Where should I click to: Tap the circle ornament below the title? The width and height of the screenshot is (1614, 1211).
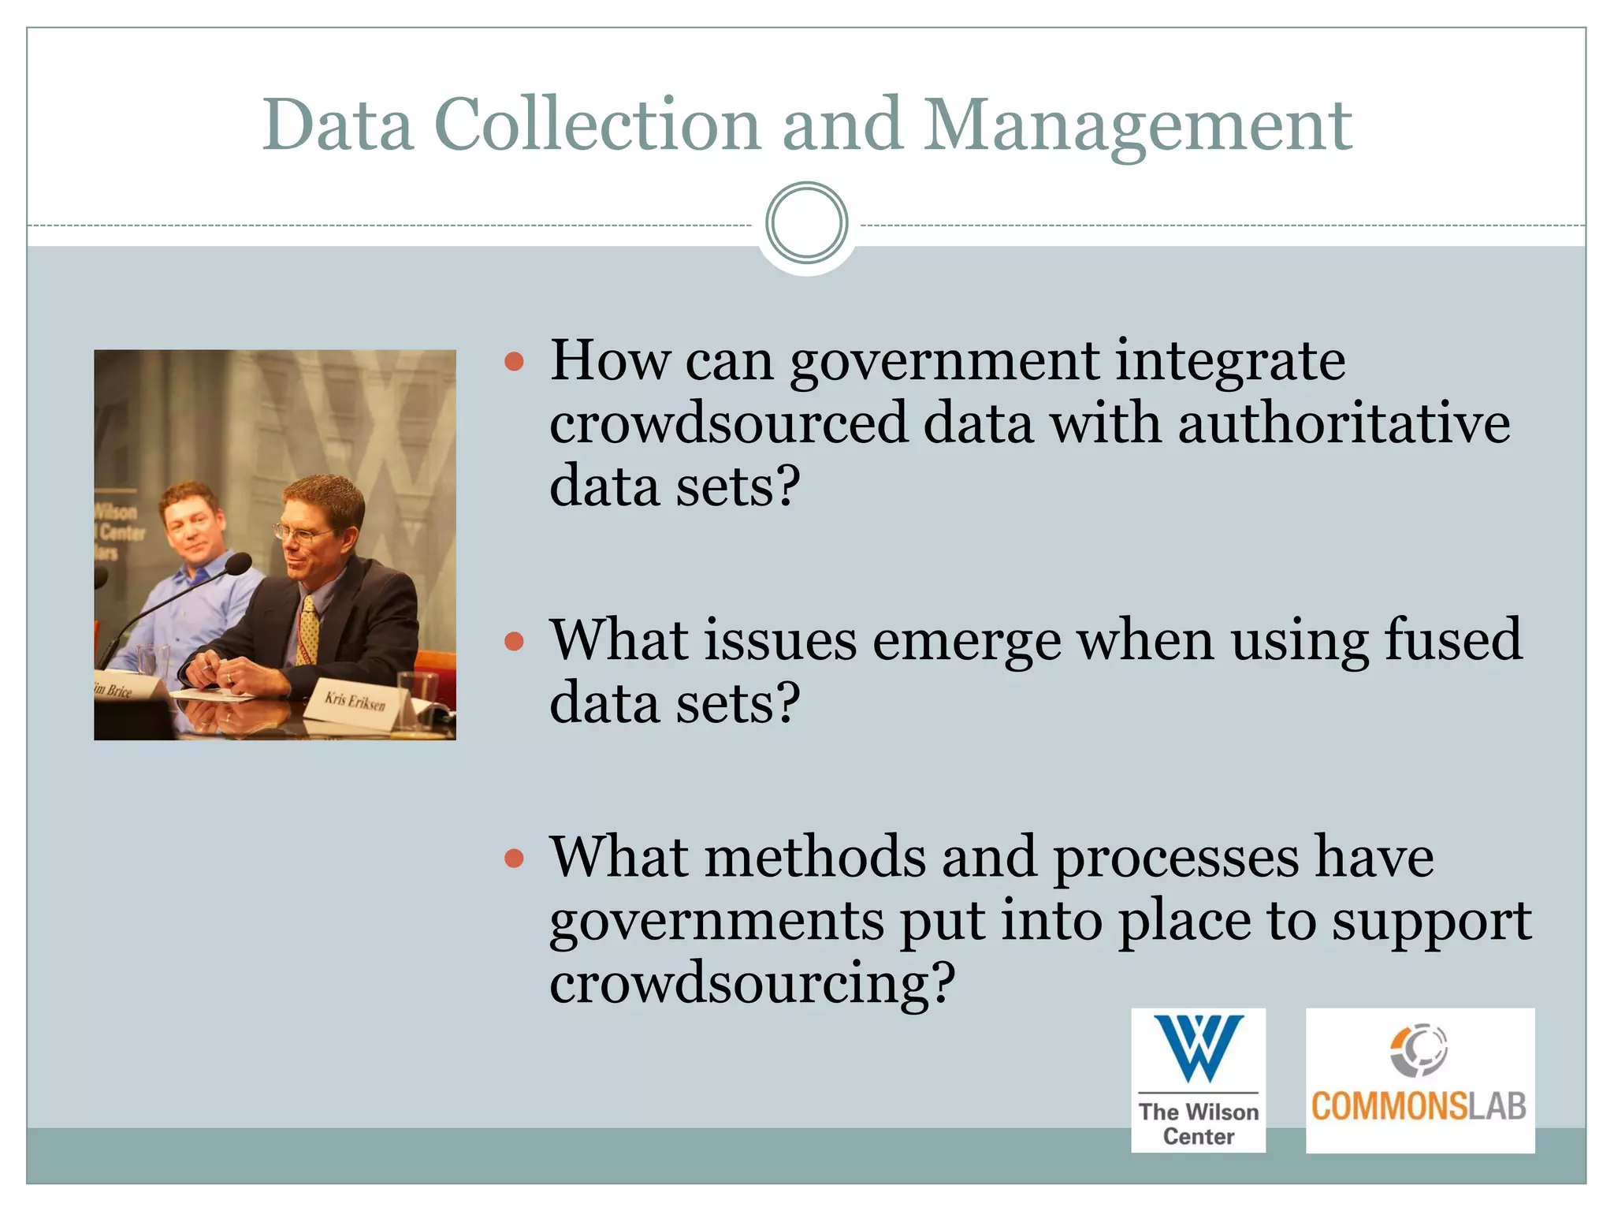(x=806, y=223)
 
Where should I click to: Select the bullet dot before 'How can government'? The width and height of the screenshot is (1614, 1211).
(x=515, y=362)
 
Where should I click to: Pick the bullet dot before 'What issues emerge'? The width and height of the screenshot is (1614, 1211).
(x=515, y=641)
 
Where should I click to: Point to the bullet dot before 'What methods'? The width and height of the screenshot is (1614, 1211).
(x=515, y=858)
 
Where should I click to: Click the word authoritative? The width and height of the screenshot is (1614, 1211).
(x=1344, y=423)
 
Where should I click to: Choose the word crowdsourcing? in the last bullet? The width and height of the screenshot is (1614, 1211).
(x=752, y=984)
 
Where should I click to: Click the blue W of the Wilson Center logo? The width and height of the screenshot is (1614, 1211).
(x=1198, y=1047)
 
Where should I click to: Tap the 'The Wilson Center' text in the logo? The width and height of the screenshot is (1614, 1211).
(x=1198, y=1124)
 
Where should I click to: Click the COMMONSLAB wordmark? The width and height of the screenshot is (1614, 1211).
(x=1419, y=1106)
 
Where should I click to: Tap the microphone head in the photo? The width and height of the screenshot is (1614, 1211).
(x=237, y=564)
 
